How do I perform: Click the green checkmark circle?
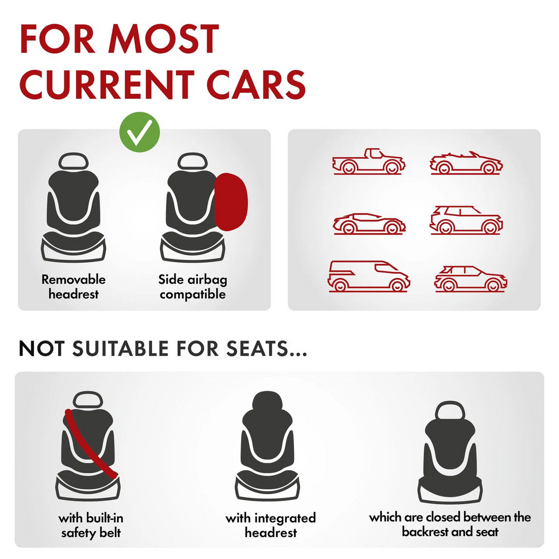click(x=139, y=132)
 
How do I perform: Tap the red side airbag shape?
click(x=231, y=202)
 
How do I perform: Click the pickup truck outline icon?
click(x=368, y=162)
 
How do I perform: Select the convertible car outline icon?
click(x=466, y=163)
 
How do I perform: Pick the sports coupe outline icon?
click(x=369, y=224)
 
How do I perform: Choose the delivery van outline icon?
click(x=368, y=276)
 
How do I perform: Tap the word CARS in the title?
click(x=255, y=84)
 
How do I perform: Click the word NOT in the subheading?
click(x=41, y=348)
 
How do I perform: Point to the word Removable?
click(x=73, y=279)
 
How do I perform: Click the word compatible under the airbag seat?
click(x=192, y=295)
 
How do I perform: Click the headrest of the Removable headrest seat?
click(x=73, y=162)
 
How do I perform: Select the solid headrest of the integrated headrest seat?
click(x=267, y=402)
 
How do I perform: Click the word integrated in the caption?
click(x=285, y=518)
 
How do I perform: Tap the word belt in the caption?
click(x=110, y=533)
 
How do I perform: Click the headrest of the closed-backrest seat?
click(x=450, y=411)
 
